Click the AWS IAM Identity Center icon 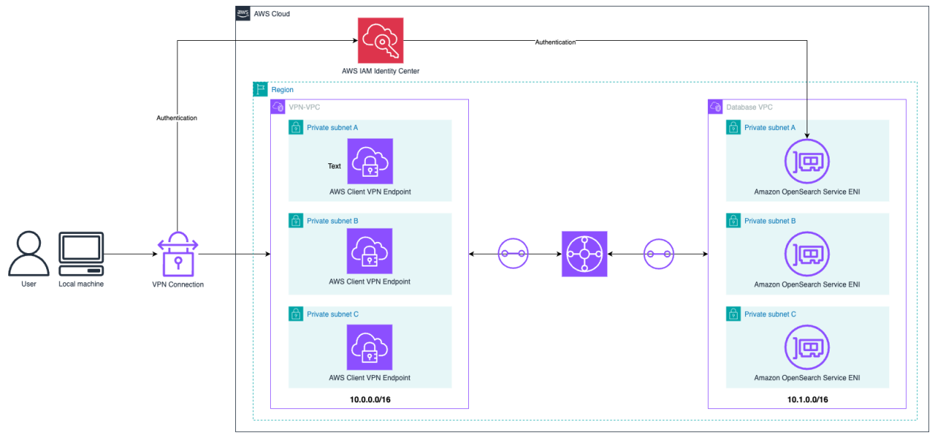coord(381,41)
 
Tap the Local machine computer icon coord(81,253)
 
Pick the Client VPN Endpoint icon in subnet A coord(370,161)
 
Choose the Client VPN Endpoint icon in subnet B coord(370,251)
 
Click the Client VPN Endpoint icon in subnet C coord(370,347)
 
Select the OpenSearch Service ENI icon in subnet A coord(807,161)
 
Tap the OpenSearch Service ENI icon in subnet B coord(807,253)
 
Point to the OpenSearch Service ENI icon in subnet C coord(807,347)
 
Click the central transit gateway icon coord(585,254)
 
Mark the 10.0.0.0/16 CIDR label coord(370,399)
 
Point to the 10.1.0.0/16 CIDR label coord(807,399)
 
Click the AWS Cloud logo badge coord(243,13)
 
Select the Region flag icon coord(260,89)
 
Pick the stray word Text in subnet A coord(335,166)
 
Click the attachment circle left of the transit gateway coord(513,254)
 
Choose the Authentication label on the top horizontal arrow coord(555,42)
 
